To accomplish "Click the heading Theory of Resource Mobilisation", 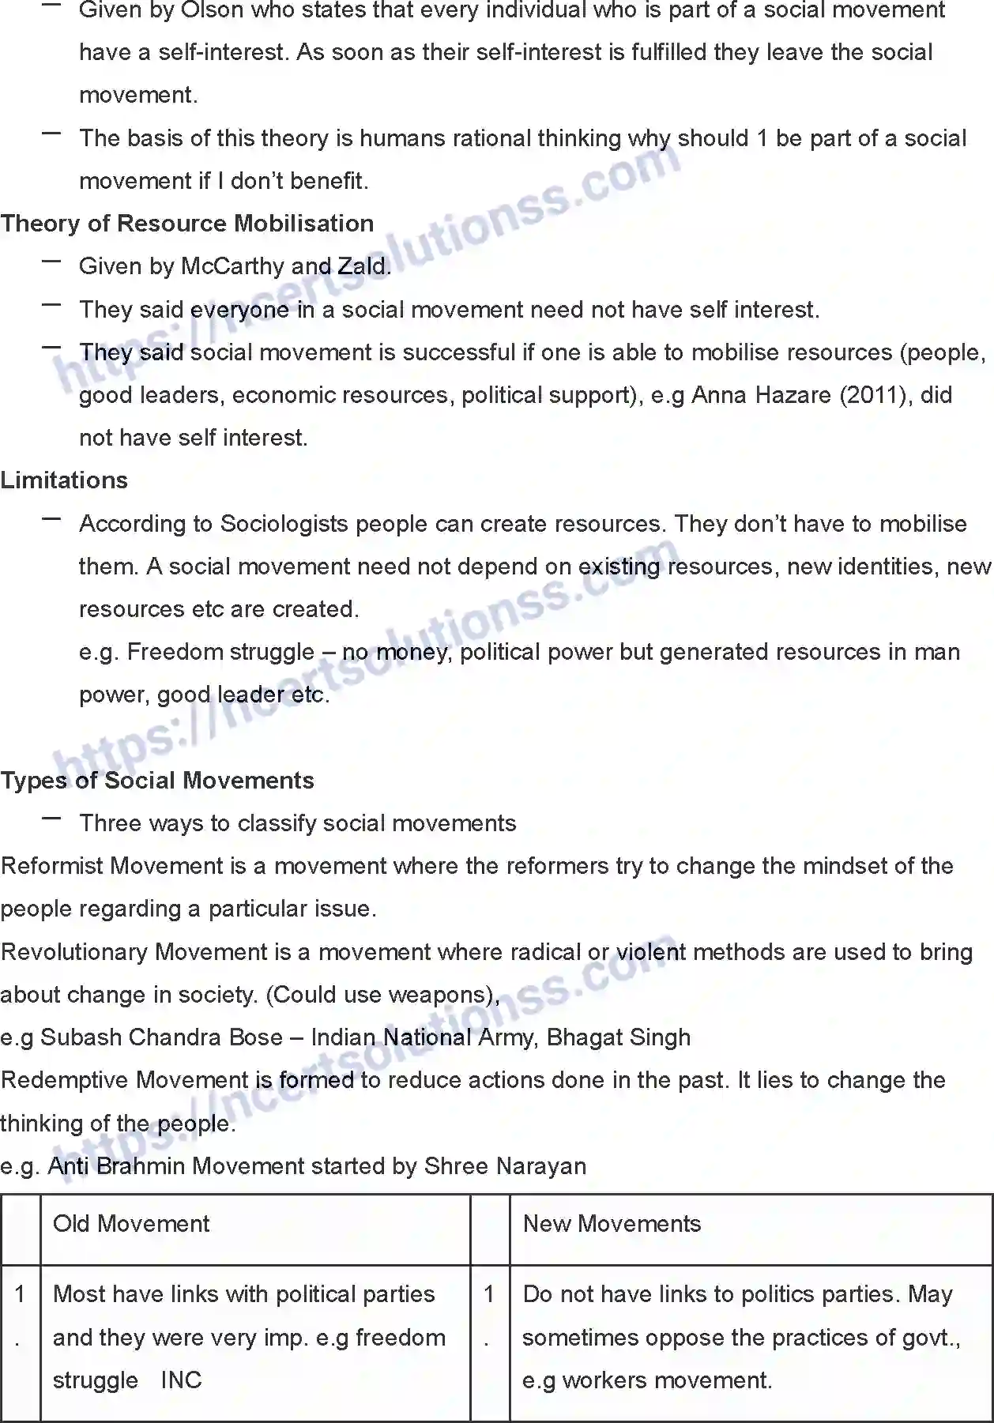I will pos(187,224).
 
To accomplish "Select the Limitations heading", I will pos(64,480).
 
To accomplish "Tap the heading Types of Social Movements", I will pos(157,781).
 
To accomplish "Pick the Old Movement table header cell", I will pos(131,1224).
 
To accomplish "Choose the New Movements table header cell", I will pos(612,1224).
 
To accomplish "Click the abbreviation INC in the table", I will pos(181,1380).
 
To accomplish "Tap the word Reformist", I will pos(53,866).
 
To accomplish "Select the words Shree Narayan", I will pos(505,1166).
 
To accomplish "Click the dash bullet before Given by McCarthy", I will pos(52,262).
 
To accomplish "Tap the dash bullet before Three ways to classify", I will pos(52,819).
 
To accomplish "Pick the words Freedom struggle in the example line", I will pos(220,652).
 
